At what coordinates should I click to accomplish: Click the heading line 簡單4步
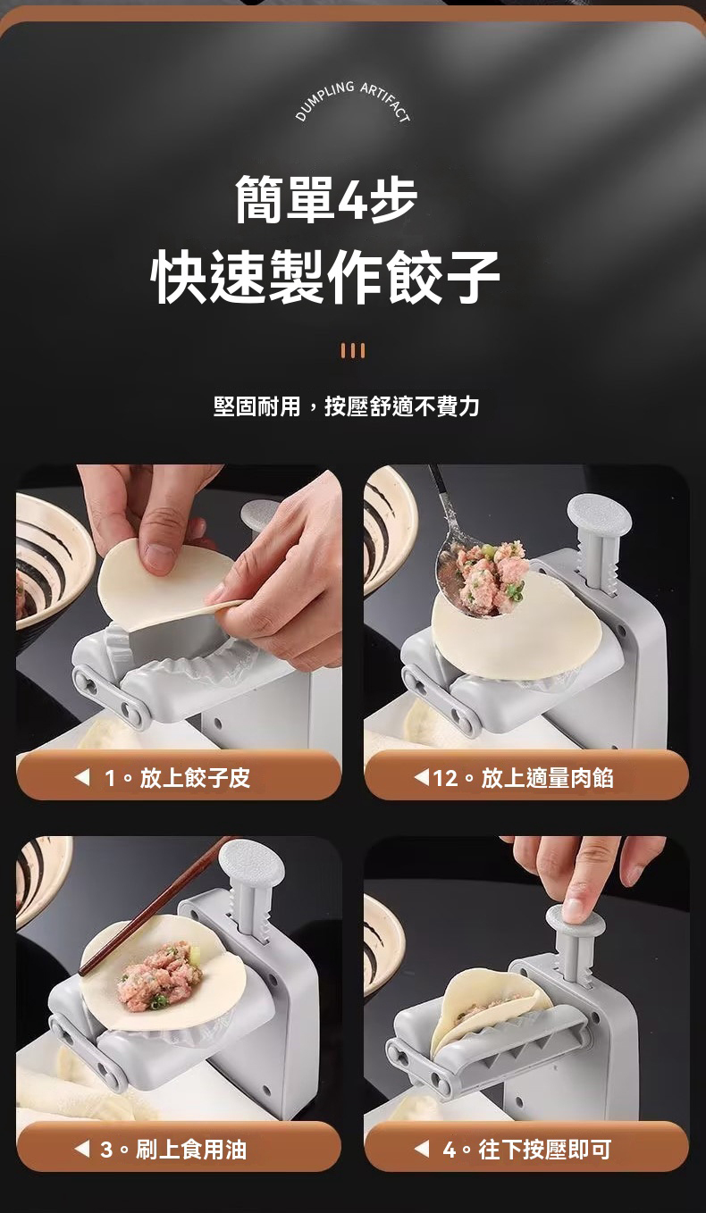tap(326, 198)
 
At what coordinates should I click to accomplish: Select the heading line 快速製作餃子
tap(326, 277)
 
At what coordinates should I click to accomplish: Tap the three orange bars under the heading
tap(353, 351)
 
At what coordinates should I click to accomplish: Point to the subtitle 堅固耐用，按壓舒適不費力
tap(347, 407)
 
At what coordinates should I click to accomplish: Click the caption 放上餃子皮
tap(195, 778)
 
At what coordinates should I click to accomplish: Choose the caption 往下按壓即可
tap(544, 1149)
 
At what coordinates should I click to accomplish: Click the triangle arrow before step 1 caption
tap(82, 778)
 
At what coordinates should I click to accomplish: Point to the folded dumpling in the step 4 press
tap(483, 1009)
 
